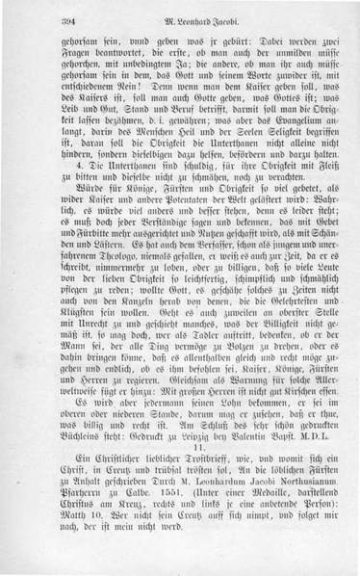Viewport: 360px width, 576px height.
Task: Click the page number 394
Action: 42,23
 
